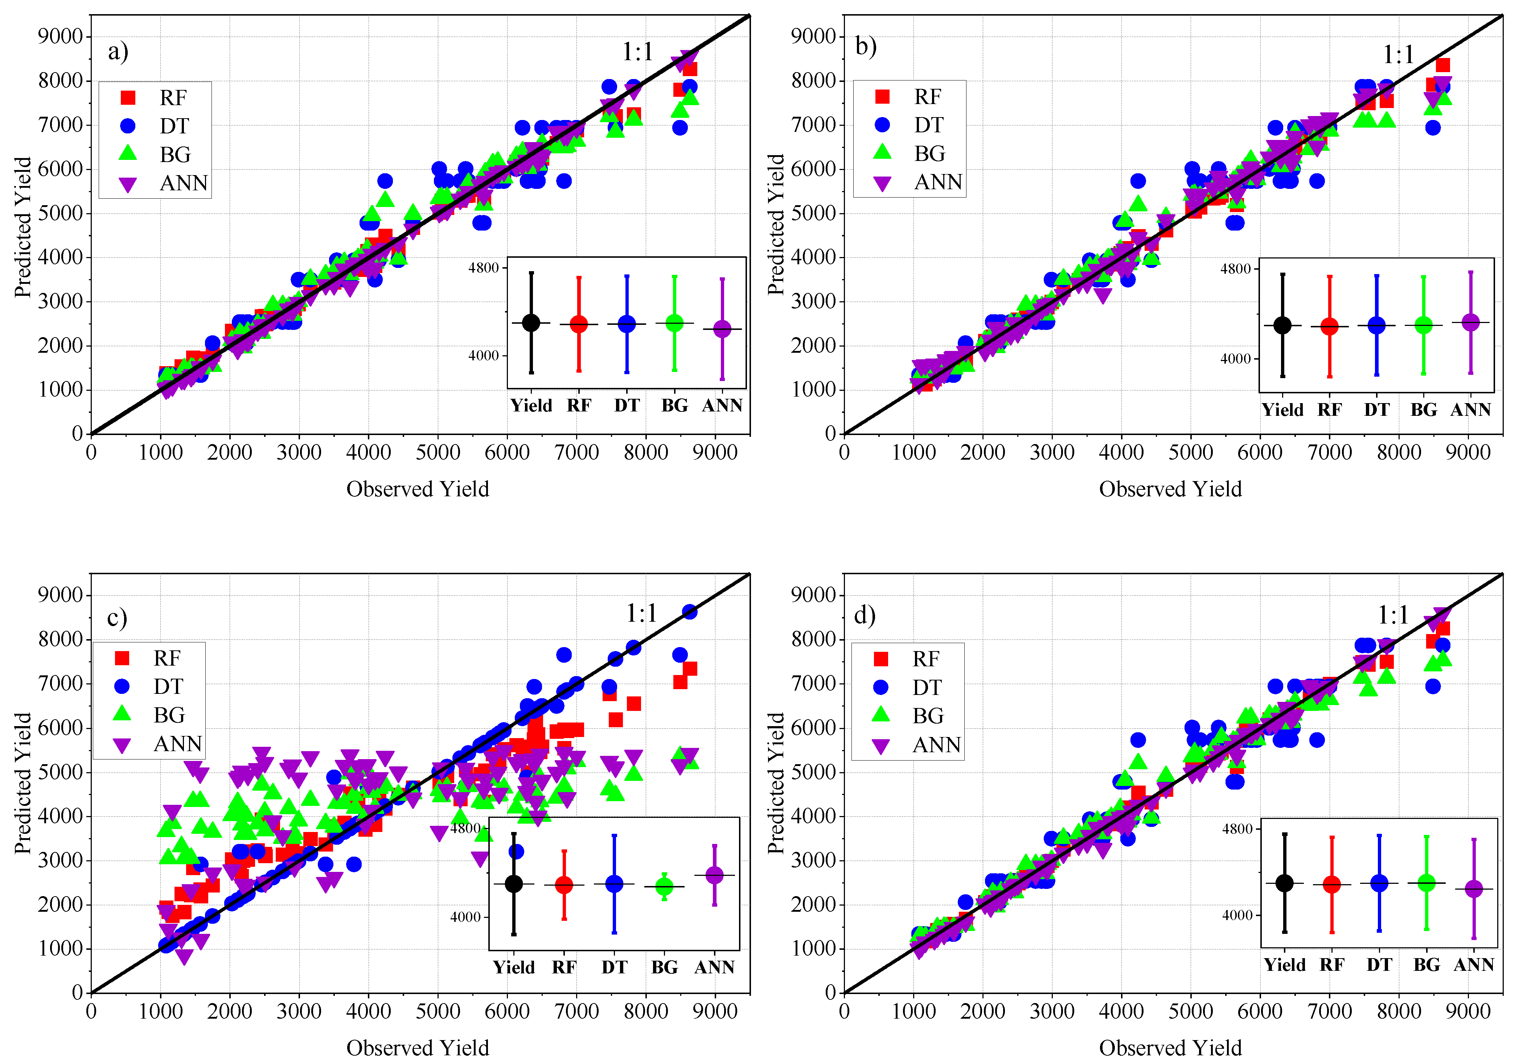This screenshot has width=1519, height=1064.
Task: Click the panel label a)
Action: tap(118, 51)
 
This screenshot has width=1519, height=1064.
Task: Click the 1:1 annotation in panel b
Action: tap(1398, 54)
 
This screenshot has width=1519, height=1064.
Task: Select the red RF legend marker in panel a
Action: tap(128, 98)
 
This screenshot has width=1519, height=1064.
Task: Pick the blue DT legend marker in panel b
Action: tap(883, 125)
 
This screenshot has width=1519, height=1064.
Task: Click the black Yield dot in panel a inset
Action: tap(531, 323)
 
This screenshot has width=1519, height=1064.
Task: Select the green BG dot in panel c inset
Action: tap(664, 886)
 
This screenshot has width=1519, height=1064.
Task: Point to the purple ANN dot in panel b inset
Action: tap(1470, 322)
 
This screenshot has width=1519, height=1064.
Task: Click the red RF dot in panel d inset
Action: tap(1332, 884)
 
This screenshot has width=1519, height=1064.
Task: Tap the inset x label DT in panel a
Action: tap(627, 405)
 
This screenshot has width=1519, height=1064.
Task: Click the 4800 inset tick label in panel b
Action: tap(1235, 269)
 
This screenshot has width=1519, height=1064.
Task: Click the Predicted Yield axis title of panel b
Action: tap(775, 225)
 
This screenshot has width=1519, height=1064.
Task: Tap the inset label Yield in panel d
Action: tap(1284, 965)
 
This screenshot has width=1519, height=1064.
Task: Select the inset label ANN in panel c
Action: tap(714, 968)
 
